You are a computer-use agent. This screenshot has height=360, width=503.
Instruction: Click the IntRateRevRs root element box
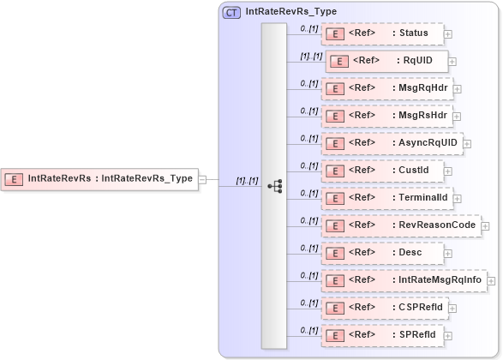tap(99, 179)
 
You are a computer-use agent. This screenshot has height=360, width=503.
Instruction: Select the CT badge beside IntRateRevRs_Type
tap(231, 12)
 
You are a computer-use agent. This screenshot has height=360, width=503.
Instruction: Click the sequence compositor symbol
tap(275, 185)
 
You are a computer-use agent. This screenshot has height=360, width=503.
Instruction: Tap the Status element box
tap(382, 34)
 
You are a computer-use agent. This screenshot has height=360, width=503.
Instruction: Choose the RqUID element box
tap(386, 62)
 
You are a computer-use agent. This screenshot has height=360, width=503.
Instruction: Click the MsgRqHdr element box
tap(386, 88)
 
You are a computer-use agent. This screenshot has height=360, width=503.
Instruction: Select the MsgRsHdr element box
tap(386, 116)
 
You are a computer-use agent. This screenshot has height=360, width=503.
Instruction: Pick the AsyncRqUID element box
tap(392, 143)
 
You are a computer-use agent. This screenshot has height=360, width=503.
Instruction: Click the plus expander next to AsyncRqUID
tap(467, 144)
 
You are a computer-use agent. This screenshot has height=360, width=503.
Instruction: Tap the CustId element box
tap(382, 171)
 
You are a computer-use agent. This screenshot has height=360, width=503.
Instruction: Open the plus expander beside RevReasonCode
tap(485, 225)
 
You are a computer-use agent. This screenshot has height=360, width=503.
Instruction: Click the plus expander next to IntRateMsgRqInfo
tap(492, 280)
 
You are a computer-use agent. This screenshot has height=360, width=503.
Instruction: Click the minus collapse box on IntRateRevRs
tap(203, 179)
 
